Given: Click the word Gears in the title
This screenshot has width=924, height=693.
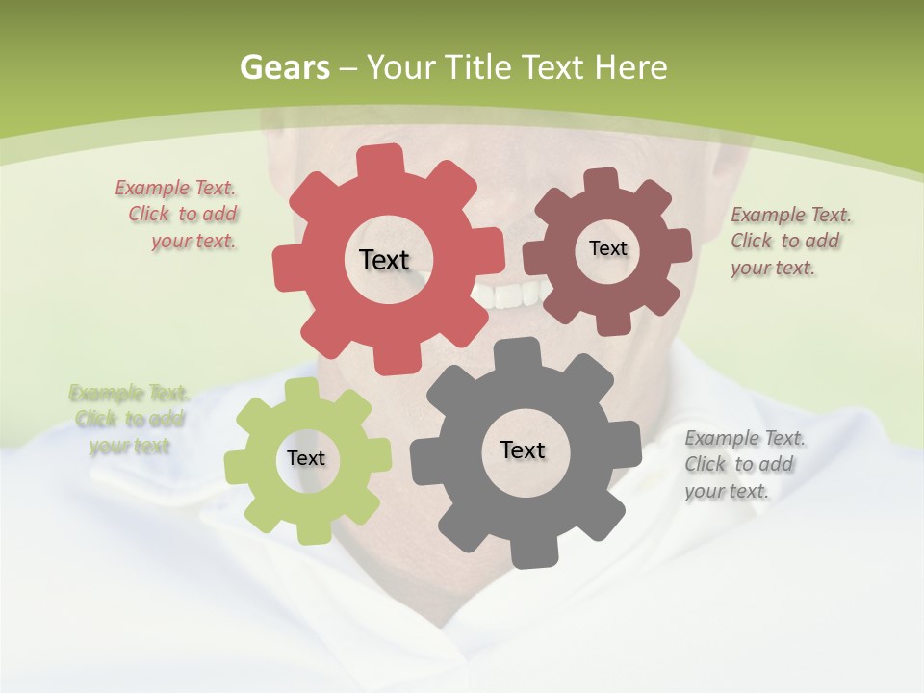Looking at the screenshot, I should pos(284,67).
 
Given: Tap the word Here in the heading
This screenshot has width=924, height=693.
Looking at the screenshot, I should pos(630,67).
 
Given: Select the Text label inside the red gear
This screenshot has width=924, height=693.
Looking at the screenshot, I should pos(384,260).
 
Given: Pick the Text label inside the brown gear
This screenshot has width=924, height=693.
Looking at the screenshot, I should pos(607,248).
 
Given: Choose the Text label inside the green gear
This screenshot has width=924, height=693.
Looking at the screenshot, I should pos(306,458).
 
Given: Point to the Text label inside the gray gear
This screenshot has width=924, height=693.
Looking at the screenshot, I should pos(523,449).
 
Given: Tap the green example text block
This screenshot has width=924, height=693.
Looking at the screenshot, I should pos(128,420).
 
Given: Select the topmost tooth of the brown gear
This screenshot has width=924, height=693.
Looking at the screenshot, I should pos(602,179).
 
